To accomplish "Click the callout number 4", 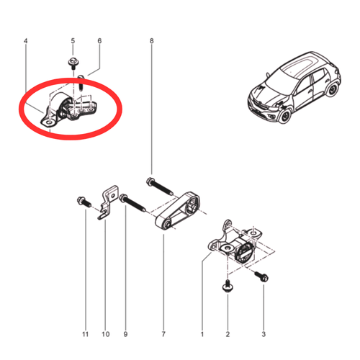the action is (26, 41).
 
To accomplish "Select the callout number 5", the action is (73, 41).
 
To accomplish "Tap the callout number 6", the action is (99, 41).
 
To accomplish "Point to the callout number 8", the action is (151, 41).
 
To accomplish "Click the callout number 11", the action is (86, 334).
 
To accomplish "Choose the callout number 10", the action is (106, 334).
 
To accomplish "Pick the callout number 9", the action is (125, 334).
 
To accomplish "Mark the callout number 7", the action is (163, 334).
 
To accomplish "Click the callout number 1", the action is (202, 334).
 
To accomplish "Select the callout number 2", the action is (228, 334).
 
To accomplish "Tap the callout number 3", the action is (264, 334).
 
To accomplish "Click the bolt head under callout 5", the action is (72, 62).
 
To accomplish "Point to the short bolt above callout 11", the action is (84, 202).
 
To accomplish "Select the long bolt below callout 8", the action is (159, 186).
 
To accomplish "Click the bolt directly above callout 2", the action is (228, 287).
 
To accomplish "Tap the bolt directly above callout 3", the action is (261, 276).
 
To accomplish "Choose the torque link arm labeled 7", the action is (178, 211).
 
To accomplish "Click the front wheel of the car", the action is (286, 116).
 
